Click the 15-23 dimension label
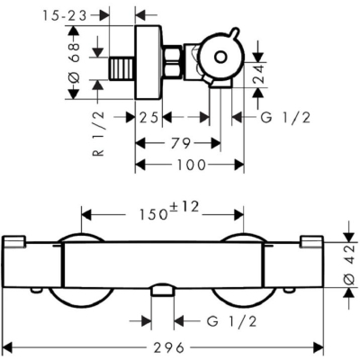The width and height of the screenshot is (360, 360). pyautogui.click(x=65, y=15)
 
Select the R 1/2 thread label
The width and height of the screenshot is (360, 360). pyautogui.click(x=99, y=133)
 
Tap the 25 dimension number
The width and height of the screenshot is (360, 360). pyautogui.click(x=148, y=118)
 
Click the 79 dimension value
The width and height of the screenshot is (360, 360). pyautogui.click(x=181, y=143)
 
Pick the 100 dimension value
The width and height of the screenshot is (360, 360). pyautogui.click(x=191, y=165)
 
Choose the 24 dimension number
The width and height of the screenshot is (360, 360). pyautogui.click(x=258, y=75)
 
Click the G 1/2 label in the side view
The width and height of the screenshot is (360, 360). pyautogui.click(x=285, y=118)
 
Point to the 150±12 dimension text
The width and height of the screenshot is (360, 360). pyautogui.click(x=169, y=211)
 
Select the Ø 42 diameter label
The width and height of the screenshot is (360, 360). pyautogui.click(x=348, y=265)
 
